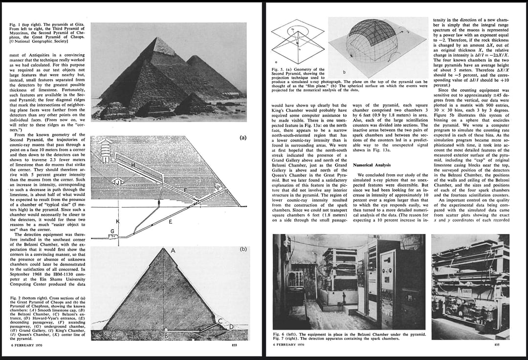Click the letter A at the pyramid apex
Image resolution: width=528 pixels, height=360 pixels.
click(173, 250)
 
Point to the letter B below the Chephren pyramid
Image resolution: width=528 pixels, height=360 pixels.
click(166, 336)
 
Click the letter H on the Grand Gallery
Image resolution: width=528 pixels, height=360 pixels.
click(133, 166)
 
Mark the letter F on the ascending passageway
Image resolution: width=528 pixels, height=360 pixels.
click(184, 189)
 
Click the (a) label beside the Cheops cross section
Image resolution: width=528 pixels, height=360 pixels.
click(243, 138)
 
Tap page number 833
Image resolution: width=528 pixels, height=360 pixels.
click(235, 346)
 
